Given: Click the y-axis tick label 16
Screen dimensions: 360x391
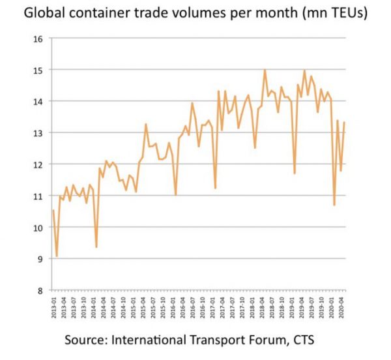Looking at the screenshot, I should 37,38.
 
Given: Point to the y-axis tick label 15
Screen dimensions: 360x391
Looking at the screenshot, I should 37,70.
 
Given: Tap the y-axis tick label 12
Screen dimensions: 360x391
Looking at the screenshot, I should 37,164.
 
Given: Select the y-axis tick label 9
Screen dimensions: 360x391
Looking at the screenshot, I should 39,259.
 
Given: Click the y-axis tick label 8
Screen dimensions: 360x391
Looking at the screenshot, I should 39,290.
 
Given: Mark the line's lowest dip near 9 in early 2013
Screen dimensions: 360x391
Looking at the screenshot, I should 57,256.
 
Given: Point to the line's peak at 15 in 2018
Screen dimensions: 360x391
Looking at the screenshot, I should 265,70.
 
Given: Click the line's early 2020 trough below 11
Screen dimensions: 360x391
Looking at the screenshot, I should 334,205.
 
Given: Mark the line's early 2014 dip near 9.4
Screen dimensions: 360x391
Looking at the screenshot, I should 96,247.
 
